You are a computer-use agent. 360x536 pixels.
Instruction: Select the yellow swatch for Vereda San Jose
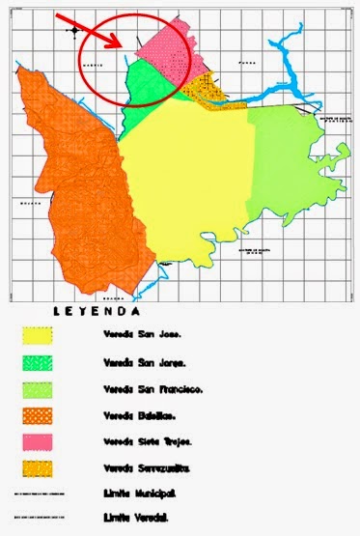pyautogui.click(x=38, y=335)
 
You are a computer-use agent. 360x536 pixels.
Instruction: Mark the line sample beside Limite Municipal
pyautogui.click(x=38, y=494)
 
